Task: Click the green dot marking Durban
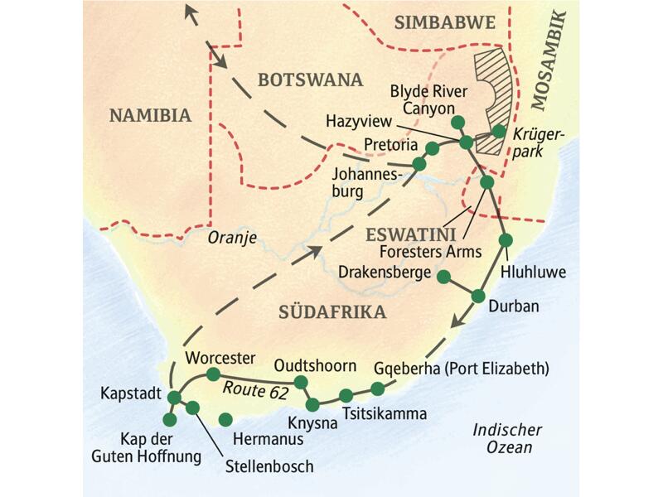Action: [x=478, y=296]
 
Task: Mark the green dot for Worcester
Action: [x=213, y=374]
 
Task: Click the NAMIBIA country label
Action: [x=150, y=115]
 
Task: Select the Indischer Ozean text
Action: [x=507, y=439]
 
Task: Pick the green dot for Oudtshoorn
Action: [x=301, y=382]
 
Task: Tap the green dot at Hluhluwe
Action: [x=506, y=240]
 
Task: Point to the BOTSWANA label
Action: [x=310, y=80]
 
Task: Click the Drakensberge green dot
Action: [x=443, y=277]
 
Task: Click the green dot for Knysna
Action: [x=312, y=404]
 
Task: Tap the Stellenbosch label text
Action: [x=269, y=466]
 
